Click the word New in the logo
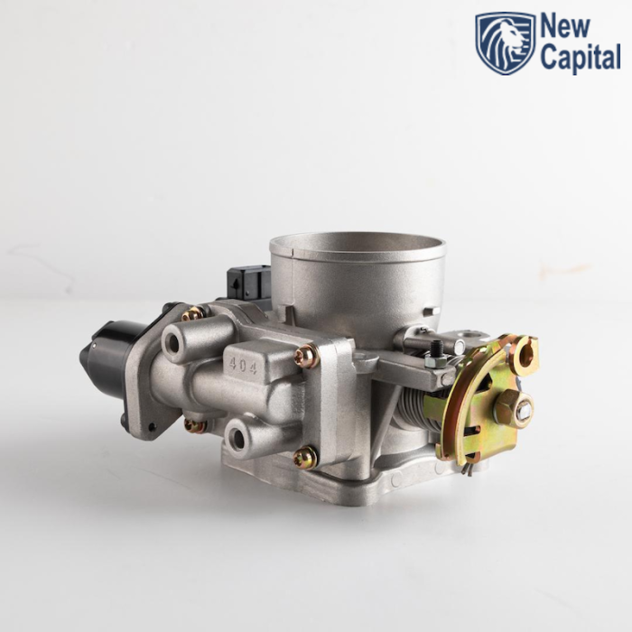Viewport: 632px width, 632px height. [565, 27]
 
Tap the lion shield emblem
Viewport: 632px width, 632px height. [506, 42]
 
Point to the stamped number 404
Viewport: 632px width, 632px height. [243, 366]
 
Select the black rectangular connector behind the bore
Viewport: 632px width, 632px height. [248, 283]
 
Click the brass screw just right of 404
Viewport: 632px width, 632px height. [306, 357]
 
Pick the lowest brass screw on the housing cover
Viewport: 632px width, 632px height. [305, 458]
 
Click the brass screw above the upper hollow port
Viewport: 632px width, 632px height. [192, 313]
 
